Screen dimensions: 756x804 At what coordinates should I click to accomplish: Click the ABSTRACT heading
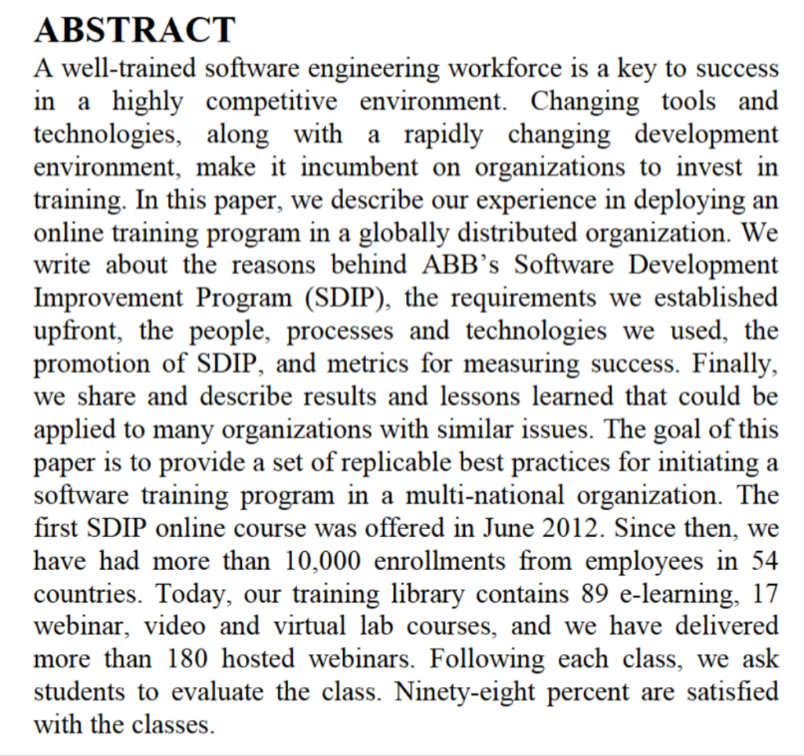click(x=134, y=30)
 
